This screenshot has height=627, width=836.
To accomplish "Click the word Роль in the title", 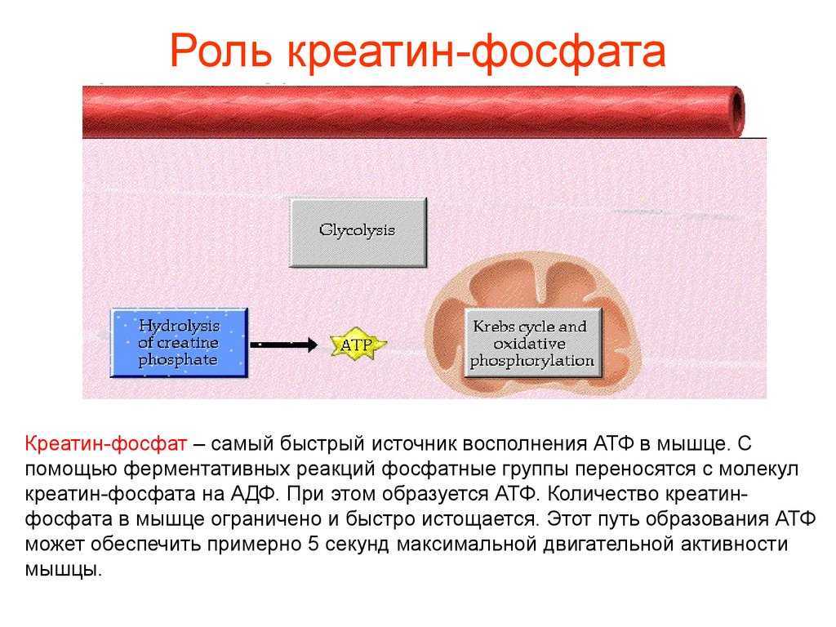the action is click(x=220, y=51).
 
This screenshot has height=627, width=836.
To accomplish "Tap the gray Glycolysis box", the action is click(x=358, y=232).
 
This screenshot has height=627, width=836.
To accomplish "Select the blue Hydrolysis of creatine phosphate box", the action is click(x=179, y=343).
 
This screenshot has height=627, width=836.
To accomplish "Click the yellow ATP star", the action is click(x=356, y=345).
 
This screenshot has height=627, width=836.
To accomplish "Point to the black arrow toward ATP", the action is click(x=283, y=345).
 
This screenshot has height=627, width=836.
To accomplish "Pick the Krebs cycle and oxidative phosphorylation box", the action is click(x=532, y=343).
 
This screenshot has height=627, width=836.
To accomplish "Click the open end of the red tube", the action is click(x=737, y=111).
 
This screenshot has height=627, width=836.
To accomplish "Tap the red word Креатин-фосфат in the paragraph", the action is click(x=105, y=443).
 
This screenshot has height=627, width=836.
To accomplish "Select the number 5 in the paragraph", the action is click(x=313, y=544).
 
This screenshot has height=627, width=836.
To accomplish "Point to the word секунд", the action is click(x=358, y=545).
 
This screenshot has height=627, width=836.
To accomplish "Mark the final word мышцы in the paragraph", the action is click(x=63, y=569).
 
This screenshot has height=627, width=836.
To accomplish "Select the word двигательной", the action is click(x=607, y=545).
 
